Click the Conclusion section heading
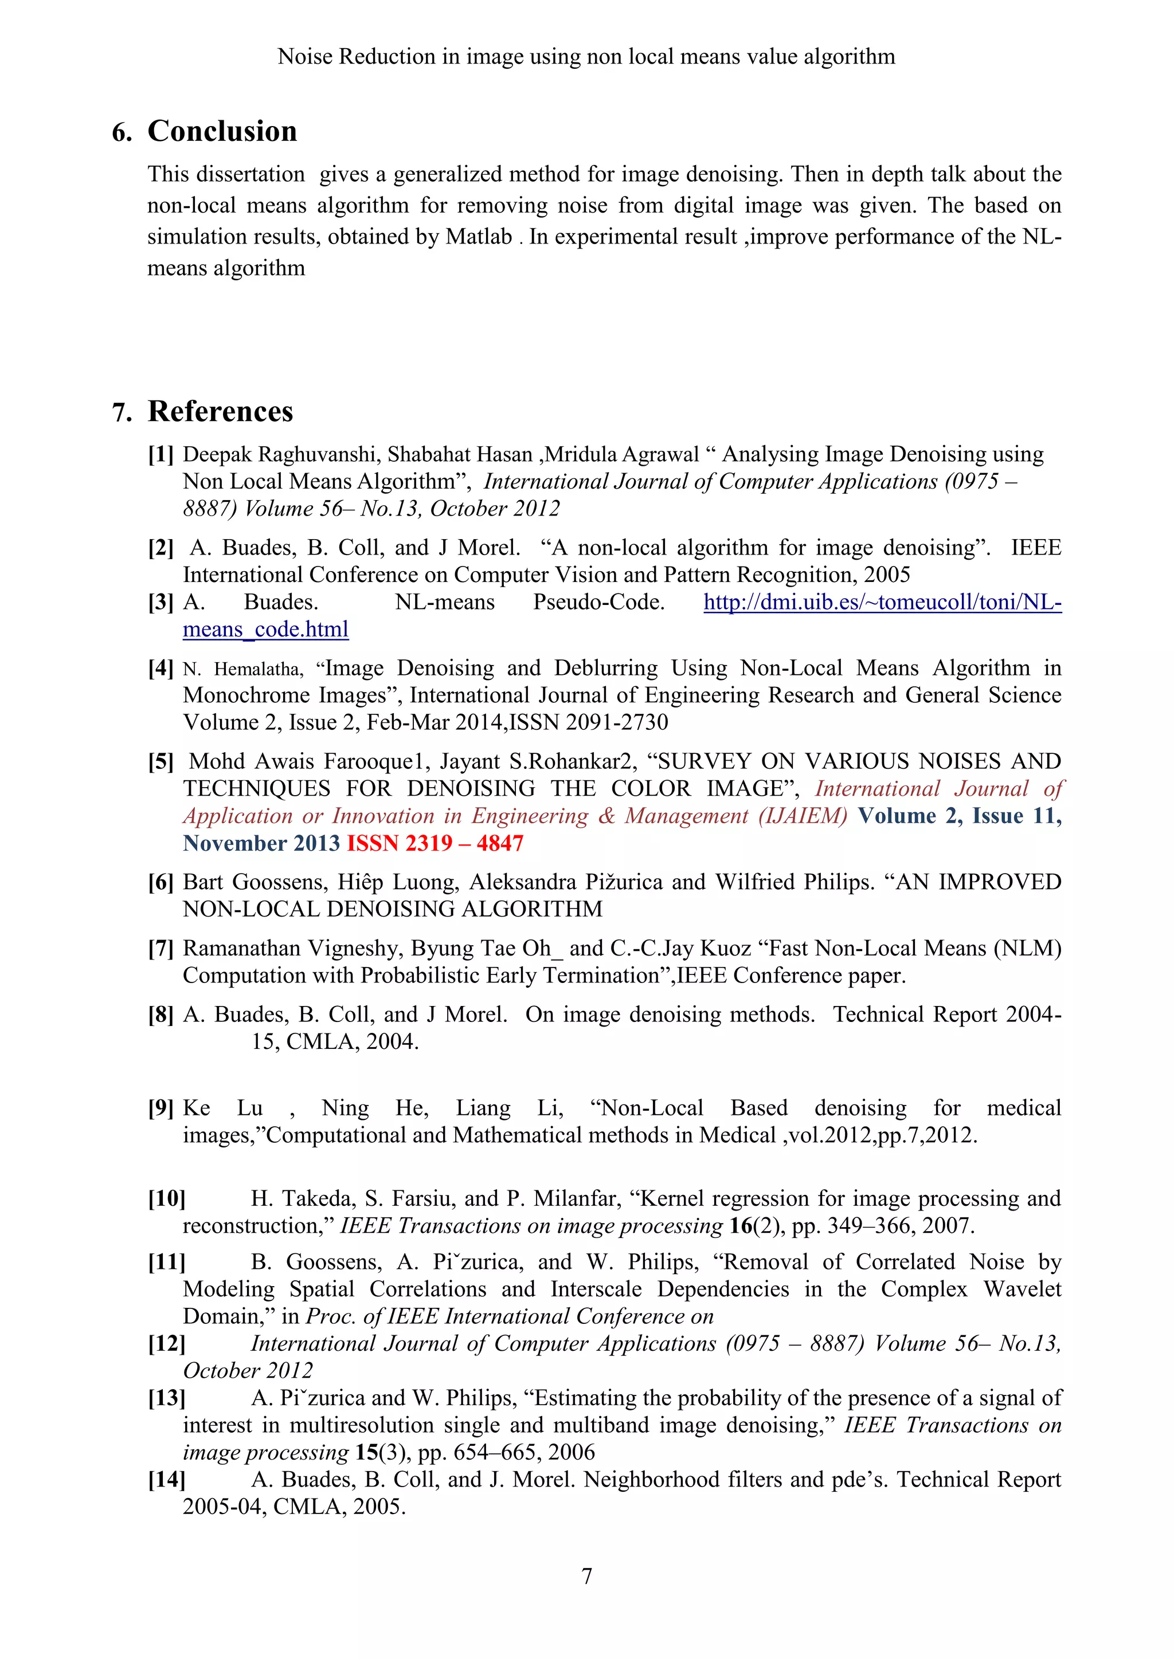point(222,132)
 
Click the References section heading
point(221,412)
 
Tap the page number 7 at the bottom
point(586,1576)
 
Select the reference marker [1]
point(161,454)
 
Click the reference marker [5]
point(161,761)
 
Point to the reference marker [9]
point(161,1108)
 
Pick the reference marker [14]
point(166,1479)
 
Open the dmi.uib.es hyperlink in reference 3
point(882,603)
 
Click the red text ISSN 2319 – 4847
point(435,843)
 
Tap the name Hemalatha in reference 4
point(258,669)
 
